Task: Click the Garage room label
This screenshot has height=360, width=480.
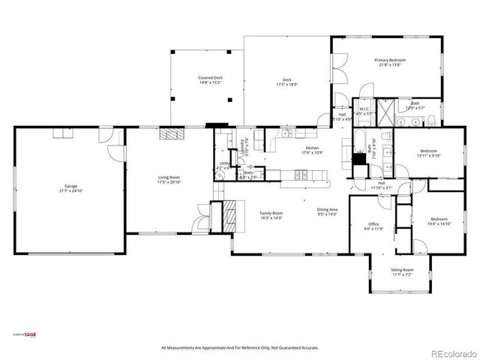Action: pos(70,186)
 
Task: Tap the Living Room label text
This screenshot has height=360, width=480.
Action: pos(168,178)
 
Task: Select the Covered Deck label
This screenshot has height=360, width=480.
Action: pos(210,77)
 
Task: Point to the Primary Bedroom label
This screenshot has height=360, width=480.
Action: pos(390,59)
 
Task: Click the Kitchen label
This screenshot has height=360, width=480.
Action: pos(312,148)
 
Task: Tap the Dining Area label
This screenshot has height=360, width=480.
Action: pos(326,210)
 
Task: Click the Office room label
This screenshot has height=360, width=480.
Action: pos(373,224)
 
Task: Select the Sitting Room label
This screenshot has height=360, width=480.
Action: pos(402,269)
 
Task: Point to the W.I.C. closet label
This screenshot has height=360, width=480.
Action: pos(364,109)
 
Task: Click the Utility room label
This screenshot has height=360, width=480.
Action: pos(224,163)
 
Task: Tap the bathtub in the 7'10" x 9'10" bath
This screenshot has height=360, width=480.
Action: pos(359,141)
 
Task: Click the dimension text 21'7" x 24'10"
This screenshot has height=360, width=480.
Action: pos(70,191)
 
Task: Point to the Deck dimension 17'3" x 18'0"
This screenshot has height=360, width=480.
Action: pos(286,85)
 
